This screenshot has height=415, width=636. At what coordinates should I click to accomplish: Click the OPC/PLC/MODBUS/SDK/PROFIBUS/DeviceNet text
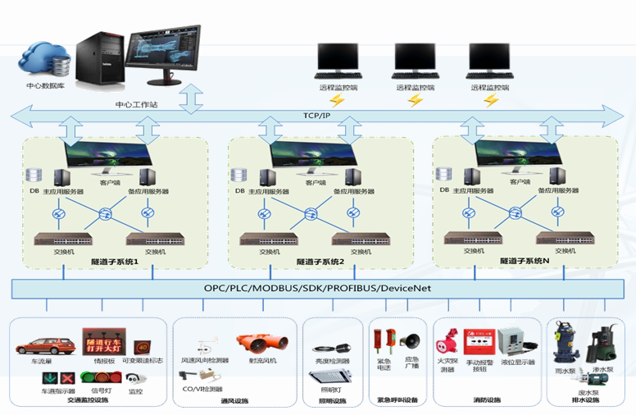317,289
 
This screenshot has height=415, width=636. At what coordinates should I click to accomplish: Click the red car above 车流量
44,344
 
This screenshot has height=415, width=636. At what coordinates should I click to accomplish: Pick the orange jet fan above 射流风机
260,344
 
